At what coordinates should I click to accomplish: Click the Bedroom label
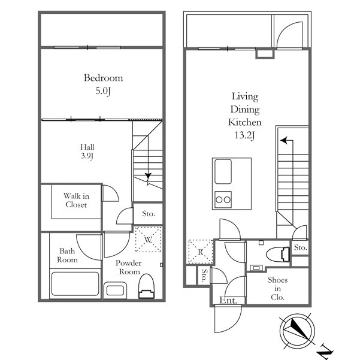coord(103,78)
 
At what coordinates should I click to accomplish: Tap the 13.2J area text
coord(244,135)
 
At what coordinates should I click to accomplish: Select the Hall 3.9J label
coord(87,152)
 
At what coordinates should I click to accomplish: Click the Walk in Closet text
coord(76,200)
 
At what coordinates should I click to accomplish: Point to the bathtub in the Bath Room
coord(75,284)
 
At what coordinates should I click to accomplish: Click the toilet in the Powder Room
coord(146,286)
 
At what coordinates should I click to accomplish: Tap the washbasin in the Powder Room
coord(115,290)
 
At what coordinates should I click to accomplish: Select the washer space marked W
coord(149,240)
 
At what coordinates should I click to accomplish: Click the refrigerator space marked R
coord(201,252)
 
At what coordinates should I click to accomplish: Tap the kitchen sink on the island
coord(223,172)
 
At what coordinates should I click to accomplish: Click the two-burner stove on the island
coord(223,199)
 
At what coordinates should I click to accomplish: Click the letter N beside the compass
coord(325,352)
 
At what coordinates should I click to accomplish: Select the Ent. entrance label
coord(228,301)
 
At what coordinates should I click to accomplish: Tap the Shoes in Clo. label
coord(277,289)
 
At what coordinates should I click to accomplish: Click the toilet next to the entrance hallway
coord(278,254)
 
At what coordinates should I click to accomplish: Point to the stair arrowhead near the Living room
coord(284,140)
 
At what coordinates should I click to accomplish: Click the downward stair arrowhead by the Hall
coord(148,176)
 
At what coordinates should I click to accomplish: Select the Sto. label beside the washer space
coord(149,214)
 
